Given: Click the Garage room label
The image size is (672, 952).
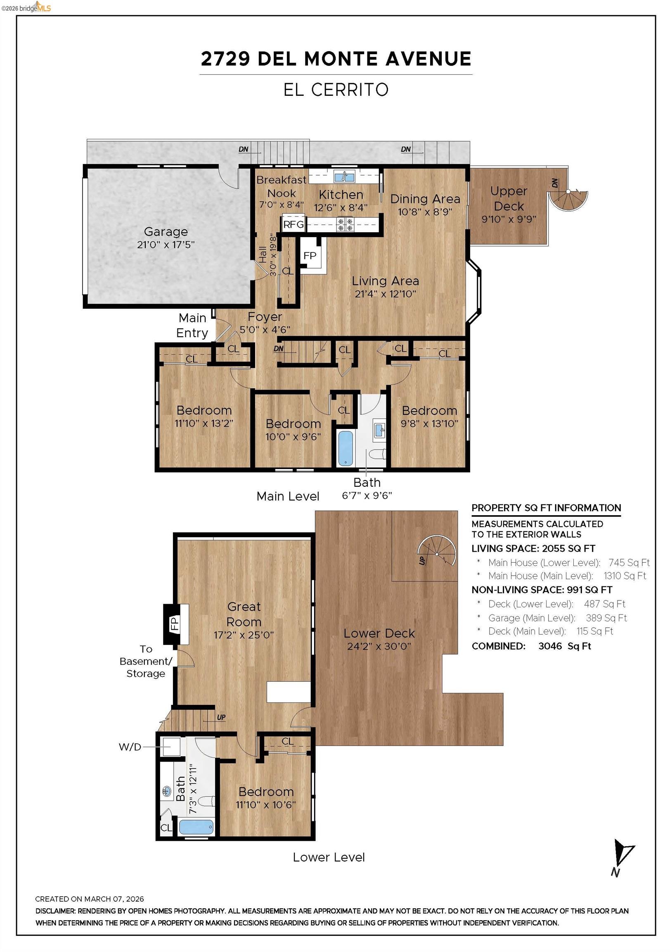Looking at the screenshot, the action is [x=166, y=231].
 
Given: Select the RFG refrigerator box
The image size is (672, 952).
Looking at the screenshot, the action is [x=294, y=224].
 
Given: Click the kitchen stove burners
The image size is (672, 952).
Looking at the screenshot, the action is [x=345, y=224].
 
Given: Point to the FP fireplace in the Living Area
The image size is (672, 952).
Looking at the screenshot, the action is [x=310, y=256].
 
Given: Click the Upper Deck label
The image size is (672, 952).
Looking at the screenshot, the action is [x=509, y=199].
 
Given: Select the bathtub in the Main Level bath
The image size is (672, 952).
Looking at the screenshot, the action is [x=345, y=448].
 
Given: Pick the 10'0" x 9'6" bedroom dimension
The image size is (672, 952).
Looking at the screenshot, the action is [x=293, y=437].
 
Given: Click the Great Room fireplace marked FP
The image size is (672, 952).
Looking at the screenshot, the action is [x=175, y=624].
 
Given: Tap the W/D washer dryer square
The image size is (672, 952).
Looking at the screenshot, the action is [x=171, y=747].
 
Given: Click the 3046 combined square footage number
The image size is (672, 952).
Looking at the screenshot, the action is [x=550, y=646].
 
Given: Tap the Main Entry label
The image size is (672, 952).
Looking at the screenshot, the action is [x=192, y=325].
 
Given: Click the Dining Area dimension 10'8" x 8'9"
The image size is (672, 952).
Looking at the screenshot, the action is [x=425, y=212].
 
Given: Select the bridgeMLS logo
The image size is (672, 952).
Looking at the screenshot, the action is [x=26, y=7].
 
